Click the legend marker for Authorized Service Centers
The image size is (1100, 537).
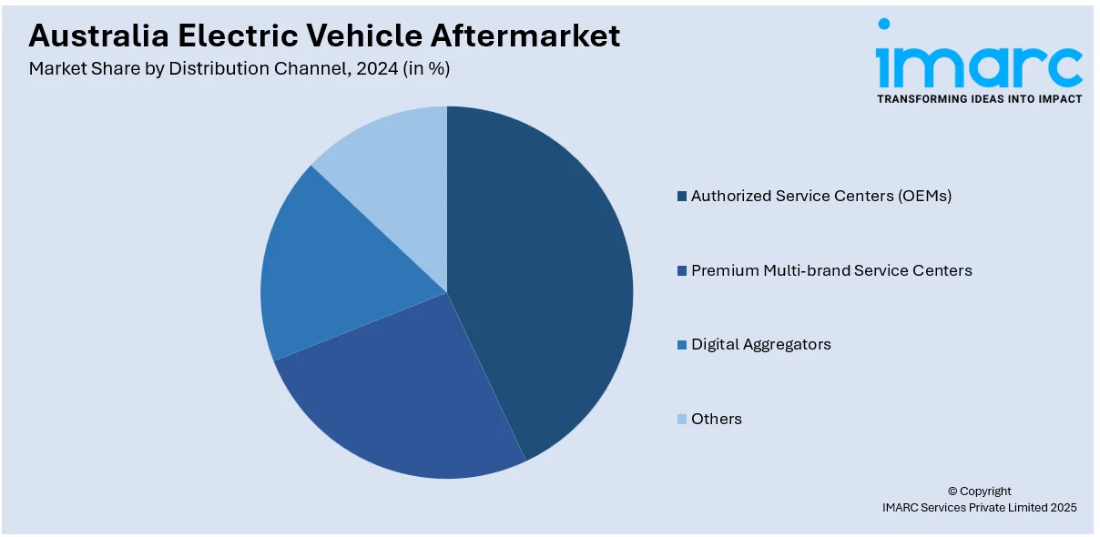coord(681,197)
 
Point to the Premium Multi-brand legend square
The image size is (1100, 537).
coord(681,271)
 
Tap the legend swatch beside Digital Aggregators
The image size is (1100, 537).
coord(681,345)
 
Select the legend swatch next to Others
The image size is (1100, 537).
coord(681,420)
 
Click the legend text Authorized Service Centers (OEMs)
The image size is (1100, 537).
coord(820,196)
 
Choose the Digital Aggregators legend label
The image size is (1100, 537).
coord(760,344)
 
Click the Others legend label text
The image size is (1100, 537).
coord(716,419)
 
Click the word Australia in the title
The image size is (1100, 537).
coord(96,36)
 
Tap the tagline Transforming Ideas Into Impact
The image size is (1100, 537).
coord(979,98)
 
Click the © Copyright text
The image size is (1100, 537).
coord(979,491)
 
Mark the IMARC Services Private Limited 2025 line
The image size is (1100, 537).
coord(979,508)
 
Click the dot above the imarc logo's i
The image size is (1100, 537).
coord(884,25)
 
